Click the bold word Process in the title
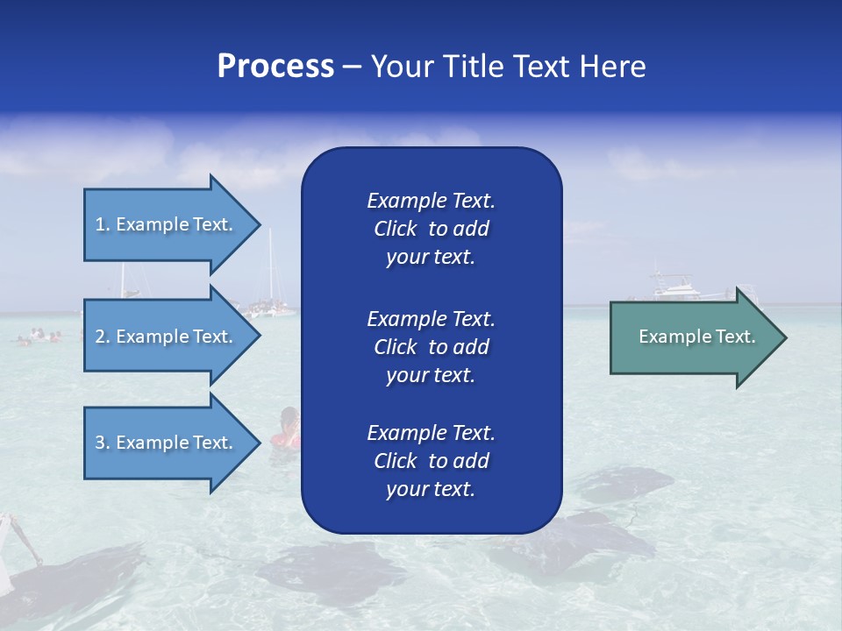275,66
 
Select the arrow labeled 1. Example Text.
167,224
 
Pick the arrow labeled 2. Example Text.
167,337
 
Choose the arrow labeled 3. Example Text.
167,443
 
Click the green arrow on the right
693,337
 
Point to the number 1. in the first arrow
103,224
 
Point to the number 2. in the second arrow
103,337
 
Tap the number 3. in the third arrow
103,443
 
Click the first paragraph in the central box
431,229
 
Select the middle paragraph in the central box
431,347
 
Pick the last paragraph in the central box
431,461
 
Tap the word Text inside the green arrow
735,337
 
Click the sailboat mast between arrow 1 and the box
270,263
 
